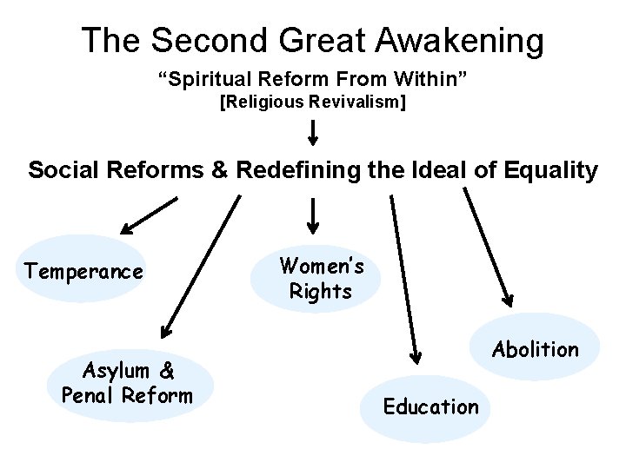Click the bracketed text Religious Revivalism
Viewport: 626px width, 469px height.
pyautogui.click(x=313, y=103)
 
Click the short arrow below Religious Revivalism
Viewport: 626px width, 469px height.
pyautogui.click(x=313, y=132)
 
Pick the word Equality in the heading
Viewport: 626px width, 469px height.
pyautogui.click(x=547, y=170)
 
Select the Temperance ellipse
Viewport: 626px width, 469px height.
pyautogui.click(x=83, y=270)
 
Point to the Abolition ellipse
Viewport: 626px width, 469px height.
pyautogui.click(x=536, y=348)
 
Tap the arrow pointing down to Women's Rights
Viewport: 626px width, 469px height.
pyautogui.click(x=313, y=218)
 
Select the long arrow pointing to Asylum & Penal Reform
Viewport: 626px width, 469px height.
pyautogui.click(x=201, y=265)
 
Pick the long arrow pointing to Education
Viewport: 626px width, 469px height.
pyautogui.click(x=403, y=278)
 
